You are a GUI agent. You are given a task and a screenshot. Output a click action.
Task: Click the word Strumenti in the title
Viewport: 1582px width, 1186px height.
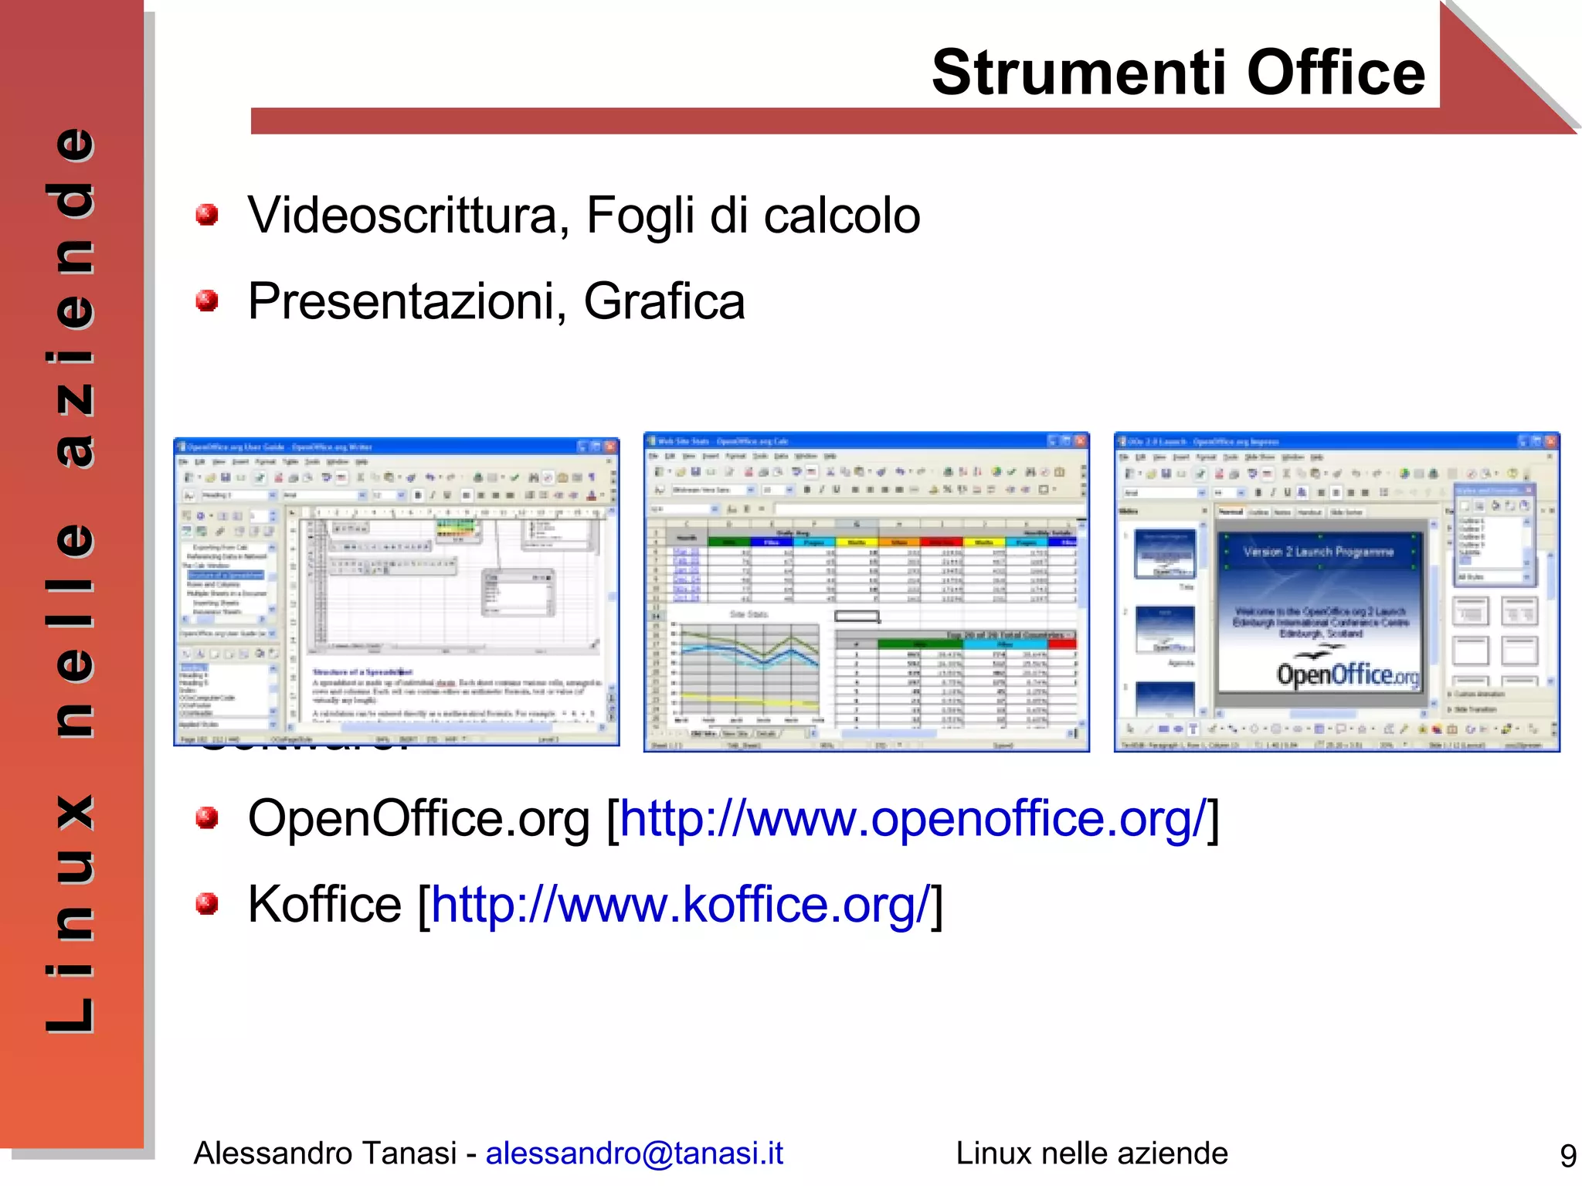pyautogui.click(x=1081, y=73)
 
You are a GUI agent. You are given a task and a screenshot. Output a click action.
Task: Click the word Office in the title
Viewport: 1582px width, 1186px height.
pyautogui.click(x=1336, y=73)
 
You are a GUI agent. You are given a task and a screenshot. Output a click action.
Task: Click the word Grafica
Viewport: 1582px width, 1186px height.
pyautogui.click(x=664, y=301)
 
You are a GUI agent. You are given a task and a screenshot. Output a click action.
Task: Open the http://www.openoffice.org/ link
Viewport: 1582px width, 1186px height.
pyautogui.click(x=912, y=818)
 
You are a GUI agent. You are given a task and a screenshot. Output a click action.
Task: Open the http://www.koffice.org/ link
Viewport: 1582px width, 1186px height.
pyautogui.click(x=680, y=904)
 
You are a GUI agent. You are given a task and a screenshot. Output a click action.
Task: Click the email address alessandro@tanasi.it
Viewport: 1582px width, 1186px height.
pyautogui.click(x=634, y=1153)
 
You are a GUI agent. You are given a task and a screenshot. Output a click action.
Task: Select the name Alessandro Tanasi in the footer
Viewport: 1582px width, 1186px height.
pyautogui.click(x=324, y=1153)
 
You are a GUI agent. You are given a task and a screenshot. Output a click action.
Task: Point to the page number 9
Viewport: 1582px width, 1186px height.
pyautogui.click(x=1567, y=1155)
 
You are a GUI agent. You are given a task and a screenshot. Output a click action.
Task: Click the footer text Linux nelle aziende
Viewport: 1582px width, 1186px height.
pyautogui.click(x=1091, y=1153)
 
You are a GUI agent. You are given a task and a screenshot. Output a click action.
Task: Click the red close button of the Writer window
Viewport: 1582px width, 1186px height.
pyautogui.click(x=610, y=447)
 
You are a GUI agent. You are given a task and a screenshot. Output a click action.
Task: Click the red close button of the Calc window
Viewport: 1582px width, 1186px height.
pyautogui.click(x=1080, y=440)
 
